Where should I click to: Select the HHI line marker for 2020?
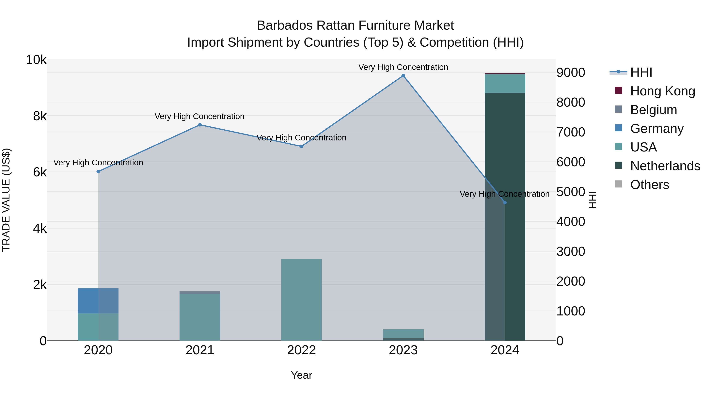point(98,171)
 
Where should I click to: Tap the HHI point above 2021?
point(200,125)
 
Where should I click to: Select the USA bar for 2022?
point(301,299)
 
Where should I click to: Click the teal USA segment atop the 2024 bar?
point(505,83)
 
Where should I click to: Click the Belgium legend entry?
point(653,110)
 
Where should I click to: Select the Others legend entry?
point(649,185)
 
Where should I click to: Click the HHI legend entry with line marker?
point(641,72)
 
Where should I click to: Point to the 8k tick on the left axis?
point(40,116)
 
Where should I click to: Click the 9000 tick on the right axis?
point(571,73)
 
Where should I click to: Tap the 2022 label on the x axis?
point(301,350)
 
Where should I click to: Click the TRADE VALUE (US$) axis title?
point(6,200)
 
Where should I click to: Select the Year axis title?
point(301,375)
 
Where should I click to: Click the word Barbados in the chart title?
point(285,25)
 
